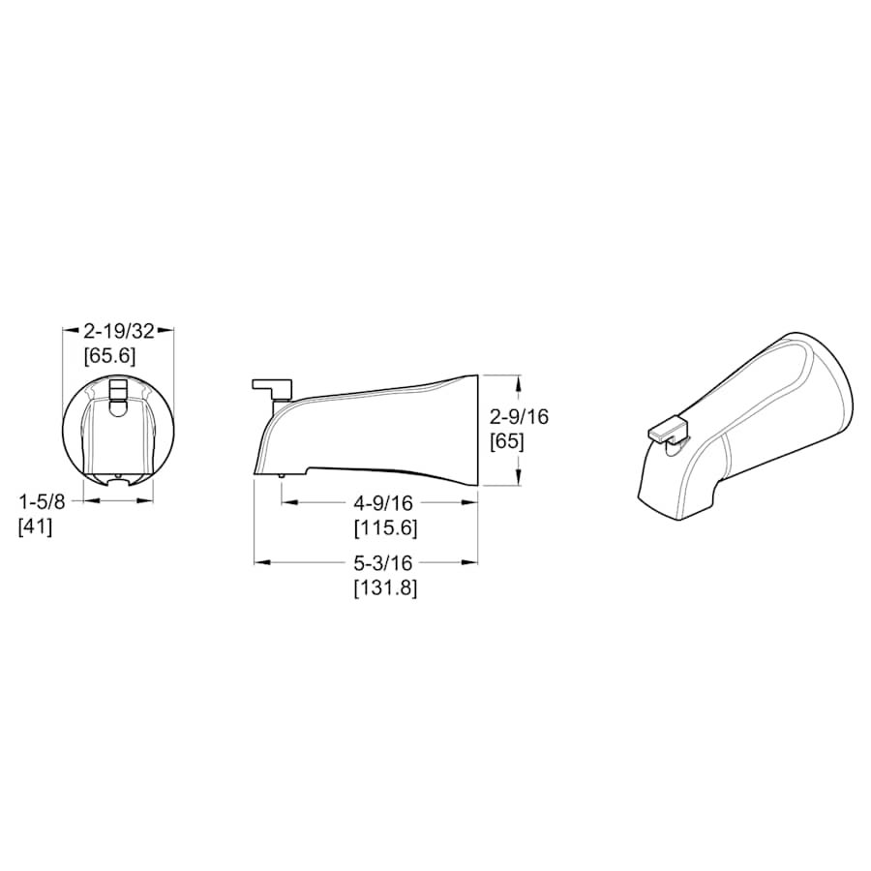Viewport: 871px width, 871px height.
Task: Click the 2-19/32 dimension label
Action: tap(119, 332)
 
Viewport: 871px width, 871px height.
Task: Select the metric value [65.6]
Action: tap(110, 356)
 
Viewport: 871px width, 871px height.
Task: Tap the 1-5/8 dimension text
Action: tap(43, 502)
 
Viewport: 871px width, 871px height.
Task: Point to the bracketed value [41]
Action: tap(36, 526)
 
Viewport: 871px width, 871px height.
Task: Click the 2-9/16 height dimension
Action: tap(519, 416)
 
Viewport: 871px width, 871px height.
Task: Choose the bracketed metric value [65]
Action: tap(506, 441)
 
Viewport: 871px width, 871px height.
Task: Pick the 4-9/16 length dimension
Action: tap(383, 503)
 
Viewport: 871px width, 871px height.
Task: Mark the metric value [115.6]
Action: tap(385, 527)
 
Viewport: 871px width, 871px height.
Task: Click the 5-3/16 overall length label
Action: tap(383, 563)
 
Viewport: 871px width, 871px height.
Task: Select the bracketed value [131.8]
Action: tap(385, 587)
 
